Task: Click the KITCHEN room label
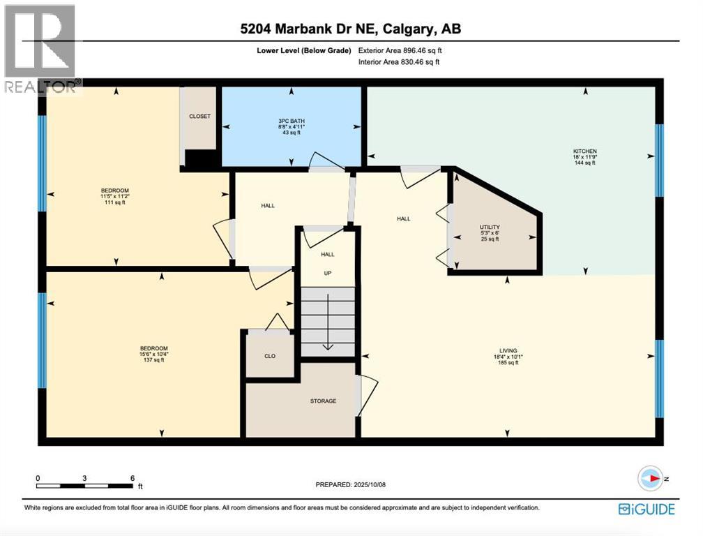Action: pos(584,151)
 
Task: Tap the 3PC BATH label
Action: pos(291,121)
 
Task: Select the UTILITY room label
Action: pos(490,227)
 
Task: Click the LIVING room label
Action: pos(507,350)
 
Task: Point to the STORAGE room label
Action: pos(323,401)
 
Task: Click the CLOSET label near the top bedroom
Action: pos(199,116)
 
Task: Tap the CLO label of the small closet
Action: pos(270,356)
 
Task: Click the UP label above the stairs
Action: pos(328,273)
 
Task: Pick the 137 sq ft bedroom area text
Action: pos(153,360)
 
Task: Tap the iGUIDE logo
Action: pos(647,509)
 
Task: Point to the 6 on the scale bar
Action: pos(132,478)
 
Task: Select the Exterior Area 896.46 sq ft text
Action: pos(400,50)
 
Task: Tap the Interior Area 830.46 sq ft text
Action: pos(398,62)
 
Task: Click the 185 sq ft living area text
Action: pos(507,363)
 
